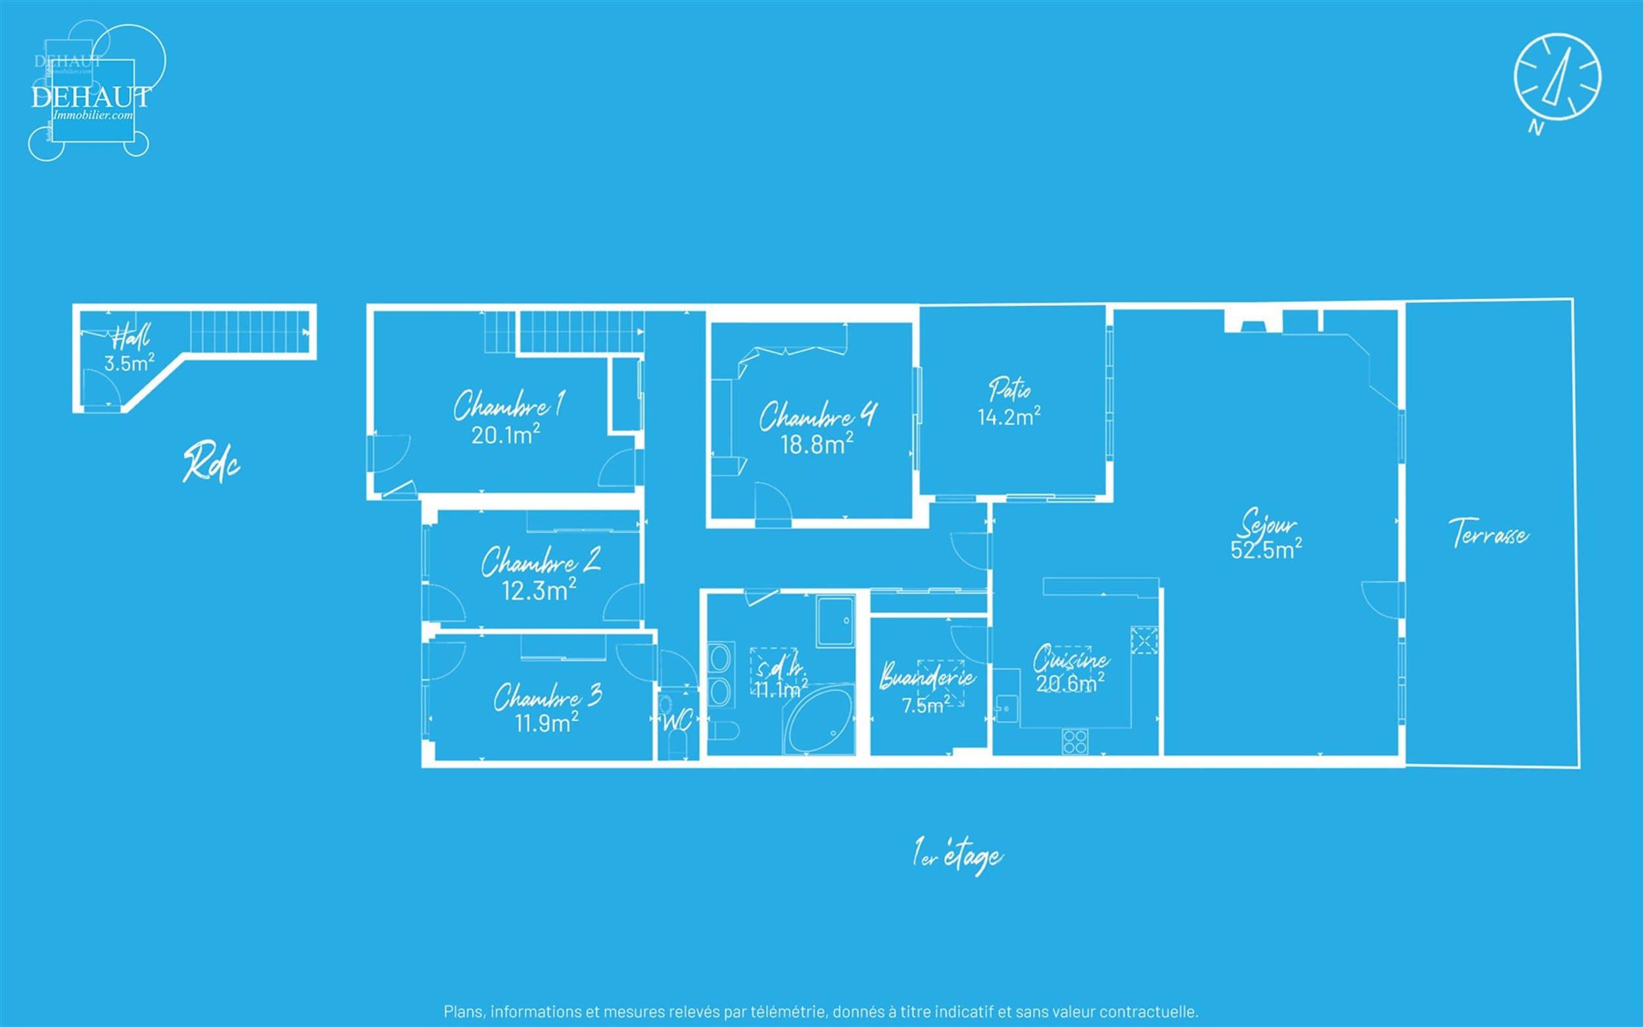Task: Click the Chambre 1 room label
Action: [508, 405]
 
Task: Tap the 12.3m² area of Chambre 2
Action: [539, 591]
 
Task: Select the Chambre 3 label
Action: [548, 697]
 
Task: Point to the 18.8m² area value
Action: [816, 445]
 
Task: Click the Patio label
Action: [1009, 389]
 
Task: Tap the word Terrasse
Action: [1488, 534]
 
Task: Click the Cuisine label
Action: [1071, 659]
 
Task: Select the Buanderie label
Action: [927, 677]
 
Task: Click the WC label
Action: [677, 721]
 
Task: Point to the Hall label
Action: [130, 336]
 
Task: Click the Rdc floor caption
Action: [211, 464]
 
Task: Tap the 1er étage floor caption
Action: [958, 856]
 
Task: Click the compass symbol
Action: [1557, 78]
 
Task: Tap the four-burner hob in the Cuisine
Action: [1075, 742]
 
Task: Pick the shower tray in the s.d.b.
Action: [835, 621]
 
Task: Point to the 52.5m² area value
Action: [1266, 550]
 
